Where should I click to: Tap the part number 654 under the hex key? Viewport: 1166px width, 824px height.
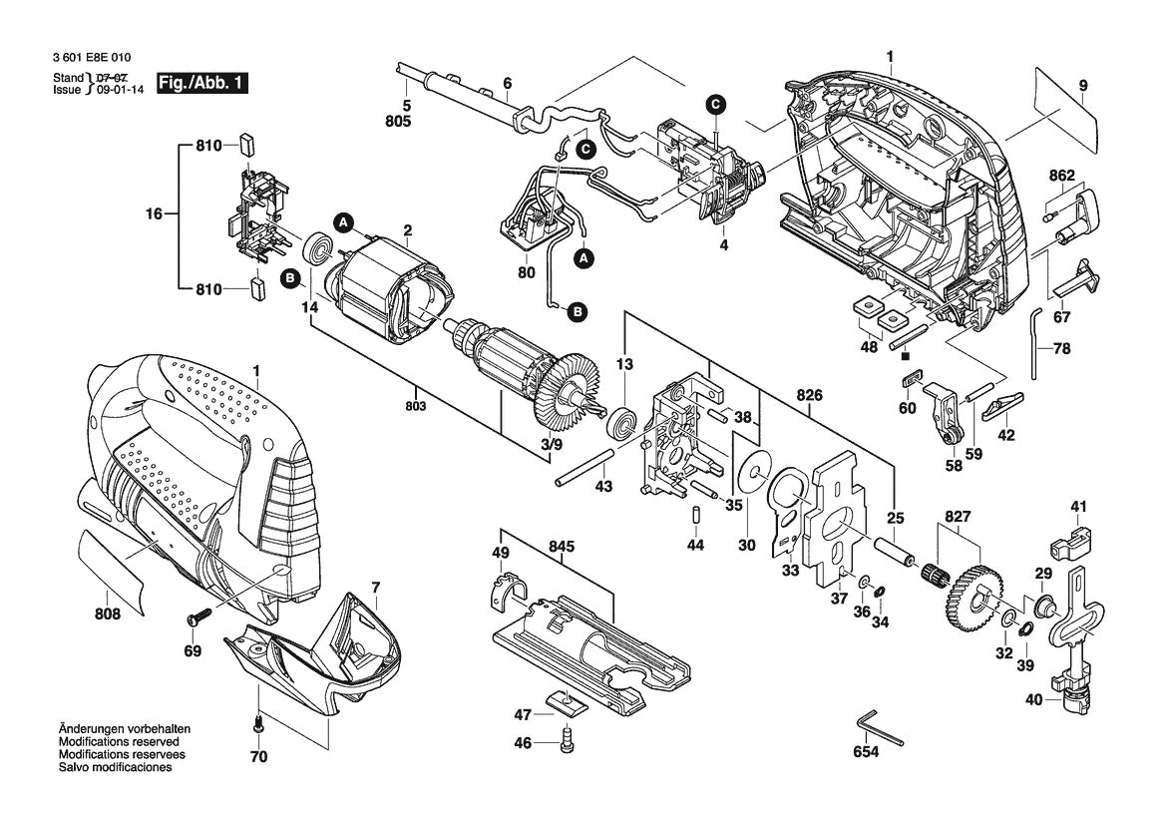pos(866,752)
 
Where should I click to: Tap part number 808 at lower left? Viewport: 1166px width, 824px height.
pos(108,615)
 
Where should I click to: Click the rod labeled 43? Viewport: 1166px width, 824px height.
pos(585,466)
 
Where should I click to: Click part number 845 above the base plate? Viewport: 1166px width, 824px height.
pos(562,547)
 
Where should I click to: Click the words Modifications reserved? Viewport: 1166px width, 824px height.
pos(119,743)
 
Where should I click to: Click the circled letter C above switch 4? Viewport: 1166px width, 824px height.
pos(715,104)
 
